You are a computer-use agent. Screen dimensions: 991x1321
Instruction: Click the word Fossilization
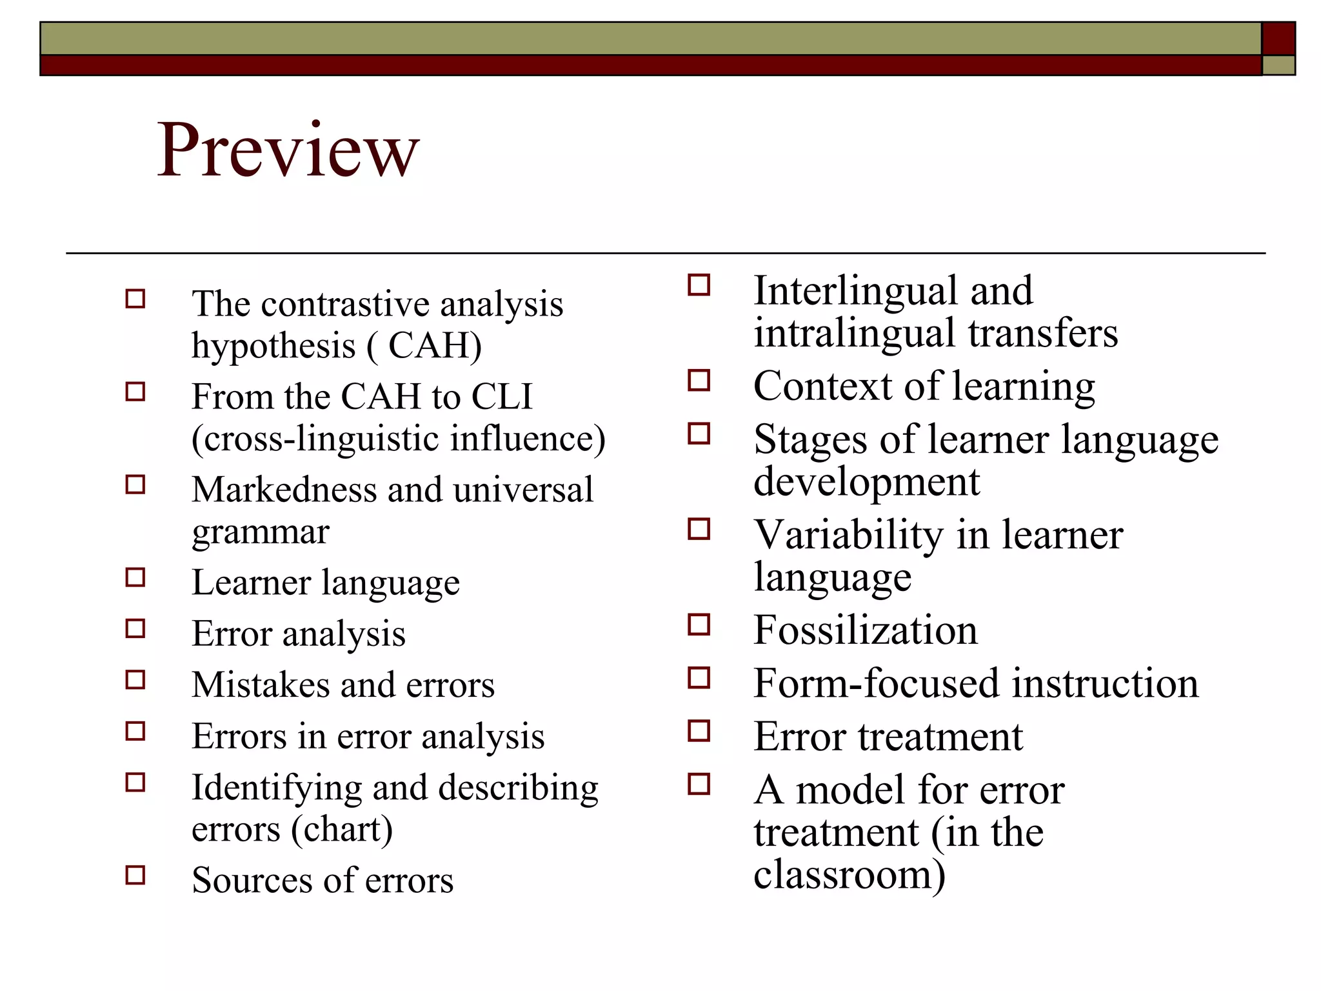click(x=865, y=630)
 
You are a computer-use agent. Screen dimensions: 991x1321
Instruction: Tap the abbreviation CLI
click(x=502, y=396)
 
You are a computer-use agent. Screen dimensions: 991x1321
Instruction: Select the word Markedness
click(x=284, y=490)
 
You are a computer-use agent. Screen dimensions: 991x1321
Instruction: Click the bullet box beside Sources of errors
click(x=135, y=876)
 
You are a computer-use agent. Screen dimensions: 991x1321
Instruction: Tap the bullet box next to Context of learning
click(x=699, y=381)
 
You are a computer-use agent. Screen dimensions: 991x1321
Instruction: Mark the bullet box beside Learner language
click(x=135, y=577)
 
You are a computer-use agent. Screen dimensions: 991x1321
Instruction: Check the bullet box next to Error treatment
click(x=699, y=731)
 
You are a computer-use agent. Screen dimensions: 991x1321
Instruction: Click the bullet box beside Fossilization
click(x=699, y=625)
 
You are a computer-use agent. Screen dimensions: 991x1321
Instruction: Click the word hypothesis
click(x=273, y=346)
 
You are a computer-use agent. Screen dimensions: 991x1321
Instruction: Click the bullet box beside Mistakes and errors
click(x=135, y=680)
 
